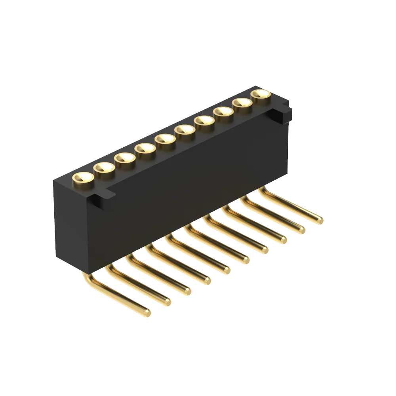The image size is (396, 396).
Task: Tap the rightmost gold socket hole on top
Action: (261, 94)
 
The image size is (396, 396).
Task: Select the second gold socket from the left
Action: (104, 168)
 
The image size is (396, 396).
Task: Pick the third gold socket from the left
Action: (125, 158)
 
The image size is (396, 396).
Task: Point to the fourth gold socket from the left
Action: (145, 149)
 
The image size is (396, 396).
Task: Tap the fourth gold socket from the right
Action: (204, 121)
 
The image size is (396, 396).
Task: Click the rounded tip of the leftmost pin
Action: (147, 313)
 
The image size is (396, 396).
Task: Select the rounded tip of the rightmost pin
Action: (319, 220)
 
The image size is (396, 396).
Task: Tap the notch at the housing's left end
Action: (101, 197)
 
